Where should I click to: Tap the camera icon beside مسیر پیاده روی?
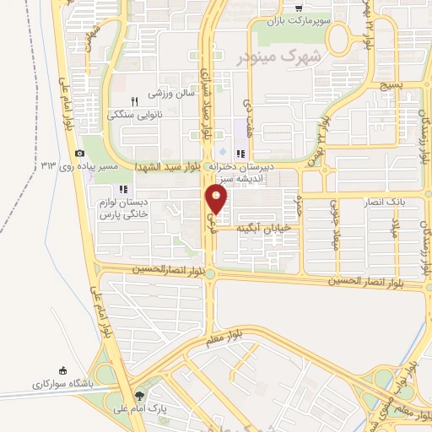pyautogui.click(x=79, y=153)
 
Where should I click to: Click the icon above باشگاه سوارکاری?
pyautogui.click(x=62, y=370)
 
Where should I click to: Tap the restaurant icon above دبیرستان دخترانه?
pyautogui.click(x=241, y=154)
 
